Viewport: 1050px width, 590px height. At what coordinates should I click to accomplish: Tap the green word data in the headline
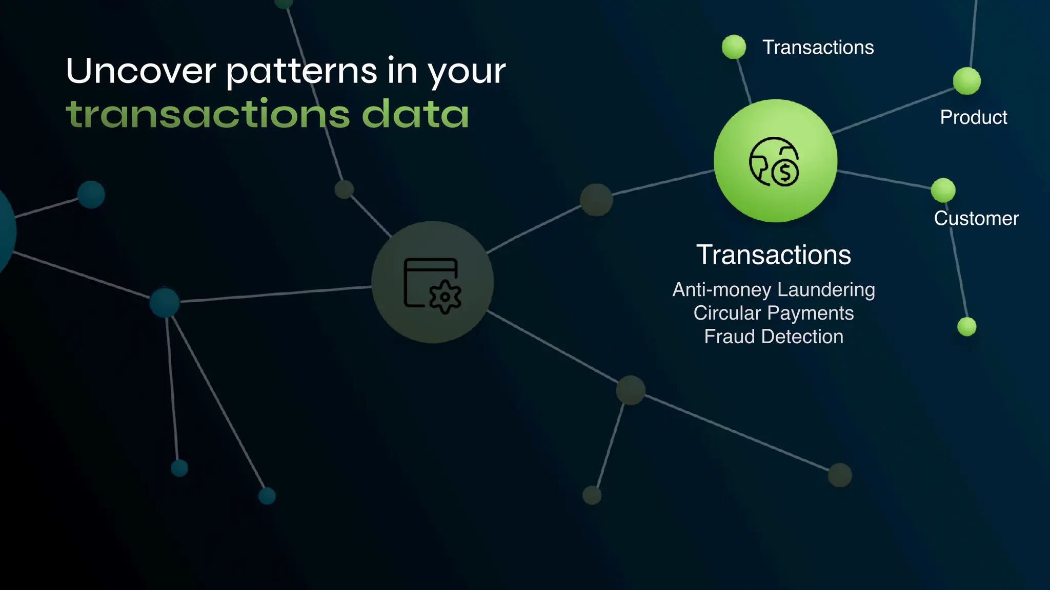point(415,114)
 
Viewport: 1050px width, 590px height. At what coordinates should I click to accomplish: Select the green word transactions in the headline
point(208,114)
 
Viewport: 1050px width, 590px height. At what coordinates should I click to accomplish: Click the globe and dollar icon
point(774,161)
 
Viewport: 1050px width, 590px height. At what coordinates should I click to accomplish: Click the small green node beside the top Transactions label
point(734,47)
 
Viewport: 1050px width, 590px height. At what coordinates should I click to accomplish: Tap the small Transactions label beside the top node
point(818,48)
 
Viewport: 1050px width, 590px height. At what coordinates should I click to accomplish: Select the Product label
point(973,117)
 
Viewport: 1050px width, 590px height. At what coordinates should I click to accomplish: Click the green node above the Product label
point(966,81)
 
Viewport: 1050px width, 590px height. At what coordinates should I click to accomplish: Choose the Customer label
point(976,219)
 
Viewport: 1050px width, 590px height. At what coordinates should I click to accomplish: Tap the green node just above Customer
point(943,191)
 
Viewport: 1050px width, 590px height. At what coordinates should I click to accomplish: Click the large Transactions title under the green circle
point(773,255)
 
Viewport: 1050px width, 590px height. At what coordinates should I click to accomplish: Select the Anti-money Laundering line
point(773,290)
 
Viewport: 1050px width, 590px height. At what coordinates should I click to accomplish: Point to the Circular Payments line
point(773,313)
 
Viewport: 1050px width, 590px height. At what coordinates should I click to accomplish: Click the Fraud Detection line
point(773,336)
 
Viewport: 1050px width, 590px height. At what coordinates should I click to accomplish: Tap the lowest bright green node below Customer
point(966,327)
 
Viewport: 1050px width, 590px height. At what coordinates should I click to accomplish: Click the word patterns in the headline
point(302,72)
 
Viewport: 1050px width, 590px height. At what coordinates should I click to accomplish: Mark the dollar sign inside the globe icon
point(785,173)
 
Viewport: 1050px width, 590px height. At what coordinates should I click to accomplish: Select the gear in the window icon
point(445,297)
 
